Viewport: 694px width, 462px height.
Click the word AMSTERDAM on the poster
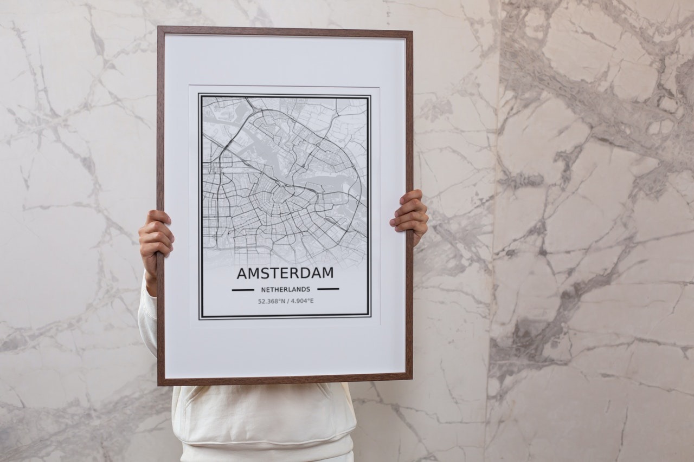(x=285, y=274)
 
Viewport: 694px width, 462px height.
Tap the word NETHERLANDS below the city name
(x=286, y=290)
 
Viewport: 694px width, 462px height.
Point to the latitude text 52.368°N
(x=271, y=301)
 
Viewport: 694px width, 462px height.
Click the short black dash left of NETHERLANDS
(x=243, y=290)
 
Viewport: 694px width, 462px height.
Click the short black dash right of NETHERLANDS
(x=328, y=289)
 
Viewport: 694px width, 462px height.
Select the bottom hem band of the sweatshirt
(x=266, y=452)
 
